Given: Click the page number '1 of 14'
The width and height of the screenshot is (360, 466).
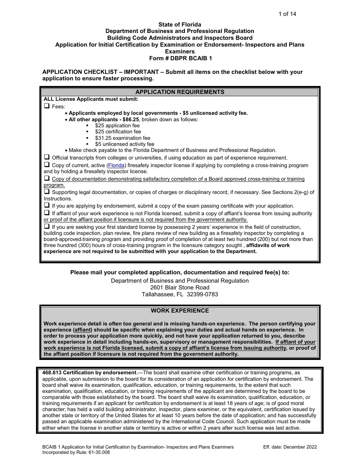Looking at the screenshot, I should click(287, 14).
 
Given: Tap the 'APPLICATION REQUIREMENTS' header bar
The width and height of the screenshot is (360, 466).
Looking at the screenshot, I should click(180, 92).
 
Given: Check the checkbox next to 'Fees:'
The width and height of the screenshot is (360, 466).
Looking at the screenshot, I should click(47, 106).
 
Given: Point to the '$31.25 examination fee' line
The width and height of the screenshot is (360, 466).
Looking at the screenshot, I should click(122, 138).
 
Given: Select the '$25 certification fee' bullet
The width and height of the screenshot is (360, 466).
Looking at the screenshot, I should click(118, 131).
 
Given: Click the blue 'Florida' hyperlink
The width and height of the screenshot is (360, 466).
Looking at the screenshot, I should click(116, 166).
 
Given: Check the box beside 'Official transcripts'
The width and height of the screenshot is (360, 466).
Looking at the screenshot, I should click(47, 157).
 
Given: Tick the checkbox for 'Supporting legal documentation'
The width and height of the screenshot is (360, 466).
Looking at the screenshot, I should click(47, 192).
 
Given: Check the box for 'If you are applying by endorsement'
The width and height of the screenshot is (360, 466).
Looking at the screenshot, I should click(47, 206).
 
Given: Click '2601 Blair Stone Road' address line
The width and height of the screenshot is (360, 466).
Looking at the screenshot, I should click(180, 288).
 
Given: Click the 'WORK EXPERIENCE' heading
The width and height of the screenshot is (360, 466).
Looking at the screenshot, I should click(180, 311).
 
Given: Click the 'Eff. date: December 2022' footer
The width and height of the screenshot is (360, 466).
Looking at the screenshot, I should click(290, 447).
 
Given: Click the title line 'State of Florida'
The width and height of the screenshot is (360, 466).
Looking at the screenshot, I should click(180, 25).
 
